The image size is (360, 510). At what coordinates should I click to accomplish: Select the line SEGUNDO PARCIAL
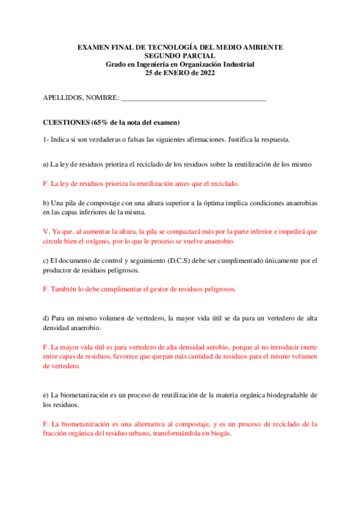[180, 56]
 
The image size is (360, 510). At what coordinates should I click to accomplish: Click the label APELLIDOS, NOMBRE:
[81, 98]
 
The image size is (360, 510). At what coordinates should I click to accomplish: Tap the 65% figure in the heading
[100, 122]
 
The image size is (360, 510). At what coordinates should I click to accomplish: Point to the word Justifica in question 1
[241, 140]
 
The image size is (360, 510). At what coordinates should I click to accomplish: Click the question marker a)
[46, 164]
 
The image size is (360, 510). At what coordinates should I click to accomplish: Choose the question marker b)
[46, 203]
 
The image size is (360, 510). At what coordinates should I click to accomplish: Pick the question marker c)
[46, 260]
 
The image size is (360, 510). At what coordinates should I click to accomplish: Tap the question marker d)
[46, 318]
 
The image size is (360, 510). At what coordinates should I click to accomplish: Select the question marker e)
[46, 395]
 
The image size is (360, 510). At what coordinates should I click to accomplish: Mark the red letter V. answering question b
[46, 232]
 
